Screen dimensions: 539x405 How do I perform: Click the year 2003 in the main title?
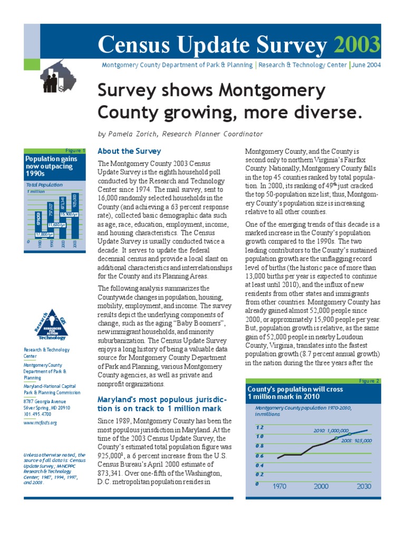tap(362, 45)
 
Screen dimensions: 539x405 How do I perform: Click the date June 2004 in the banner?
tap(367, 65)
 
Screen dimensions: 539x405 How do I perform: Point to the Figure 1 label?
tap(76, 151)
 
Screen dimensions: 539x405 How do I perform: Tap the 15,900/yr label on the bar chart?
tap(70, 214)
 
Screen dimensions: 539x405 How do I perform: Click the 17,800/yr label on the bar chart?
tap(44, 234)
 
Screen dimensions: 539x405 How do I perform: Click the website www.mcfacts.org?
tap(41, 422)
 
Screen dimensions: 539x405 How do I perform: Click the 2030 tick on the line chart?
tap(364, 487)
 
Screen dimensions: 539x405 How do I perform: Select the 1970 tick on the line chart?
tap(279, 487)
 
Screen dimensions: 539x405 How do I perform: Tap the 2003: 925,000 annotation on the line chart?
tap(356, 441)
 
